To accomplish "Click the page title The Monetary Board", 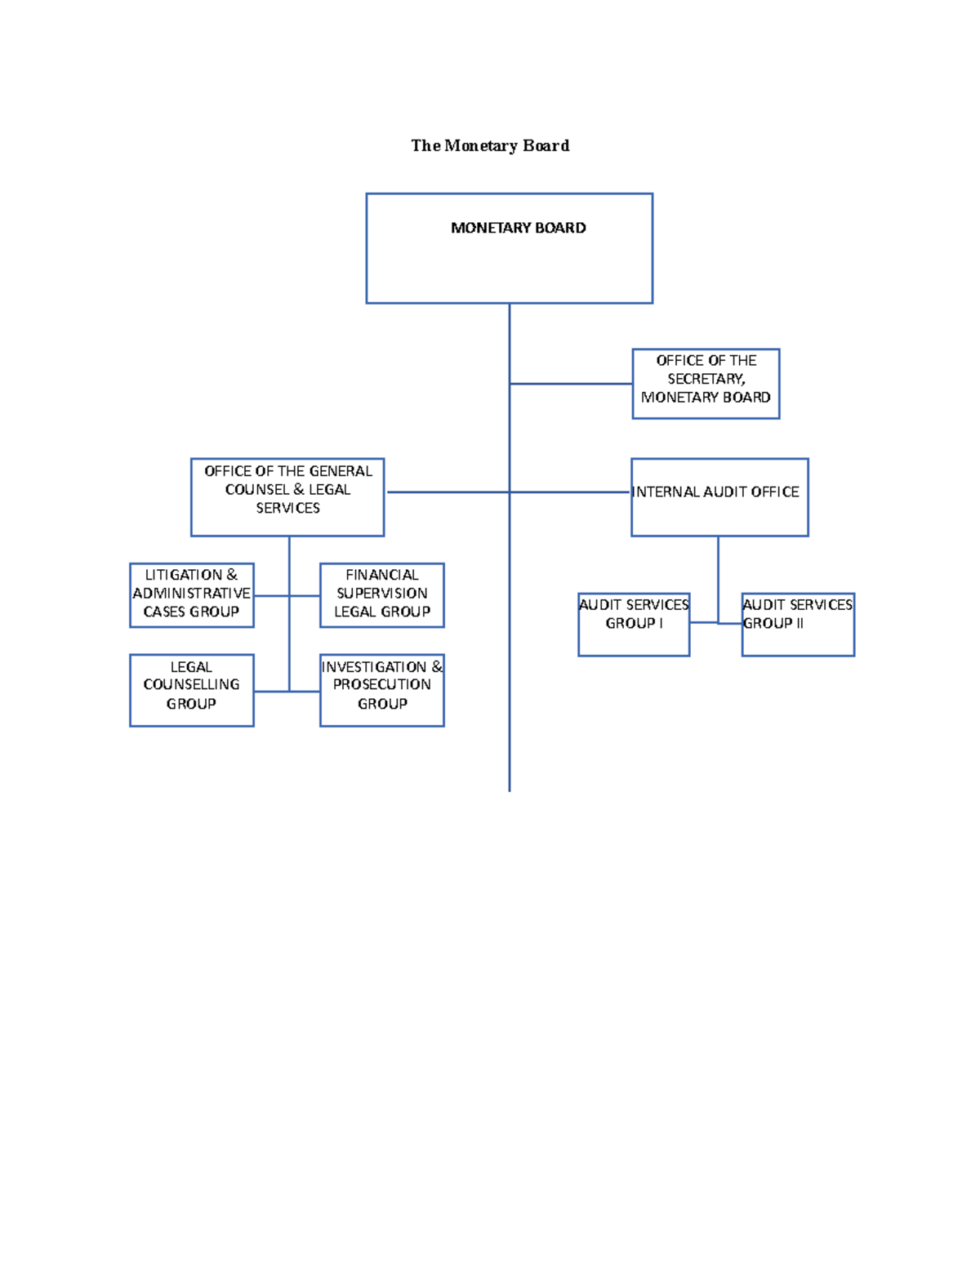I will (490, 146).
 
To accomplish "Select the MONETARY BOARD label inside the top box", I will (518, 228).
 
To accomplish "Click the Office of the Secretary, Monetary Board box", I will (706, 384).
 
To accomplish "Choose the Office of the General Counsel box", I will (287, 497).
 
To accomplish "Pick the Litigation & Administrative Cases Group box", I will (192, 595).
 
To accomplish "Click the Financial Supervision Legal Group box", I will (382, 595).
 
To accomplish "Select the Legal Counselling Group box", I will (192, 690).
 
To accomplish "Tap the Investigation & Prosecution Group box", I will (382, 690).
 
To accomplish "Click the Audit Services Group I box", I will (634, 625).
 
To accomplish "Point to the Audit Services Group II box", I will (798, 625).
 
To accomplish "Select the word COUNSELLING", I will (192, 684).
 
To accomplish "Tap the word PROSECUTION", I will (381, 684).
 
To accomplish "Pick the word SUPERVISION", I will (382, 594).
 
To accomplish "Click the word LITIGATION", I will (184, 575).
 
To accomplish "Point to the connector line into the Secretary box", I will (572, 384).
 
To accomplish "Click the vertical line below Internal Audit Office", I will (718, 576).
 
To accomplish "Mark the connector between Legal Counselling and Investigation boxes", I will (286, 692).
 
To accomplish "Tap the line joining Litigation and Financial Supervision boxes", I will (286, 596).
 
